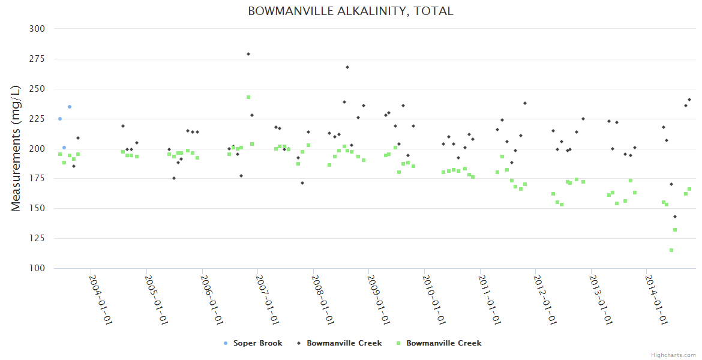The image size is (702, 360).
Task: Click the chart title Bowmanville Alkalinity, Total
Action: click(x=350, y=11)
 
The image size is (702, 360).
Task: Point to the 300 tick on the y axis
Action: click(x=37, y=29)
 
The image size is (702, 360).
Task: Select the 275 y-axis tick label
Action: click(x=37, y=59)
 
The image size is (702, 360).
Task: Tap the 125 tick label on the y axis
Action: click(x=37, y=238)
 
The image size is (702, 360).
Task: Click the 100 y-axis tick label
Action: click(x=37, y=268)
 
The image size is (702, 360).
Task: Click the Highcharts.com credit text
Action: click(x=673, y=355)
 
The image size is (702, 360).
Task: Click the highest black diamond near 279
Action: click(x=248, y=54)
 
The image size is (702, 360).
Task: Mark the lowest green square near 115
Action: click(x=671, y=250)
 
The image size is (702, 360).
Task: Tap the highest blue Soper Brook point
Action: click(x=70, y=107)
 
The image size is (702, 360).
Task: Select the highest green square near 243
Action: click(x=248, y=97)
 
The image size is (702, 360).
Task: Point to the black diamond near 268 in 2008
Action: click(x=347, y=67)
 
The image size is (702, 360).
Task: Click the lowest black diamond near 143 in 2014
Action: click(x=675, y=217)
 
